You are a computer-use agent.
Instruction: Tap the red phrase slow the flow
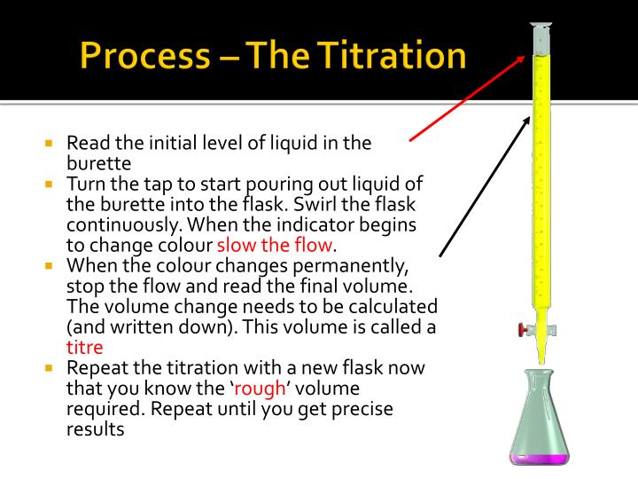[x=276, y=244]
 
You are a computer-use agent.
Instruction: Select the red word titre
[x=85, y=346]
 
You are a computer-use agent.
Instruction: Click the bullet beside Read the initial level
[x=51, y=143]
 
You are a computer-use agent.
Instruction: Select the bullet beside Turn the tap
[x=51, y=184]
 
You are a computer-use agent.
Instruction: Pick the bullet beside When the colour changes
[x=51, y=265]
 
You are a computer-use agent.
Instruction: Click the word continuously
[x=120, y=224]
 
